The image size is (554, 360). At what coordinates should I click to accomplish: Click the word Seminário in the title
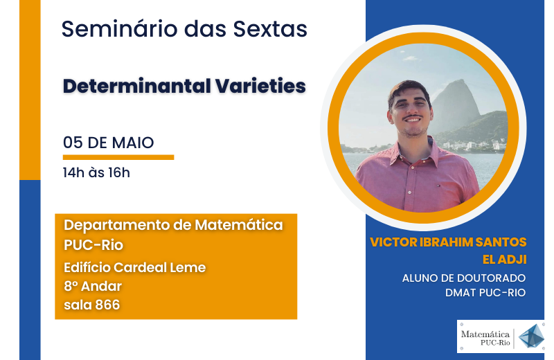(119, 28)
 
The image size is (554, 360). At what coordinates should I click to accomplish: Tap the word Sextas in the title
(270, 28)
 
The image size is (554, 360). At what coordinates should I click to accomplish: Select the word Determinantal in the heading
(136, 86)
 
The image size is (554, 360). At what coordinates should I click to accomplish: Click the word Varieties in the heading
(260, 86)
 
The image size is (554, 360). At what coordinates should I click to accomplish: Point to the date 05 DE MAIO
(109, 143)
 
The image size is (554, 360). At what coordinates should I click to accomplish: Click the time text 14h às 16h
(96, 173)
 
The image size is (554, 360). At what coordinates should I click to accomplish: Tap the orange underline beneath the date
(118, 157)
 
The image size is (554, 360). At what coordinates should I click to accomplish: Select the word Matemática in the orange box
(239, 225)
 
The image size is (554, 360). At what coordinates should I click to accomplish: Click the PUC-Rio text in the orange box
(93, 245)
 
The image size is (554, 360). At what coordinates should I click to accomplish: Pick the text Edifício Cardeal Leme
(134, 267)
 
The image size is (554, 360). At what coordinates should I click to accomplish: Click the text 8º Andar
(93, 286)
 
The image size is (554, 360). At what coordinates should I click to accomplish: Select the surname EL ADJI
(505, 260)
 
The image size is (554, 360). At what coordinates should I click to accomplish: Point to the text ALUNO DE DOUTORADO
(464, 278)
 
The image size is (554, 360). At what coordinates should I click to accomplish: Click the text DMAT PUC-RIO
(485, 293)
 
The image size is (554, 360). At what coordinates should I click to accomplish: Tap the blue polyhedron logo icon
(531, 336)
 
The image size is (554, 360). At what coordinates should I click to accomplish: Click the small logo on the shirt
(438, 186)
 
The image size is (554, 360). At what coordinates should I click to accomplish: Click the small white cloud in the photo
(410, 58)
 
